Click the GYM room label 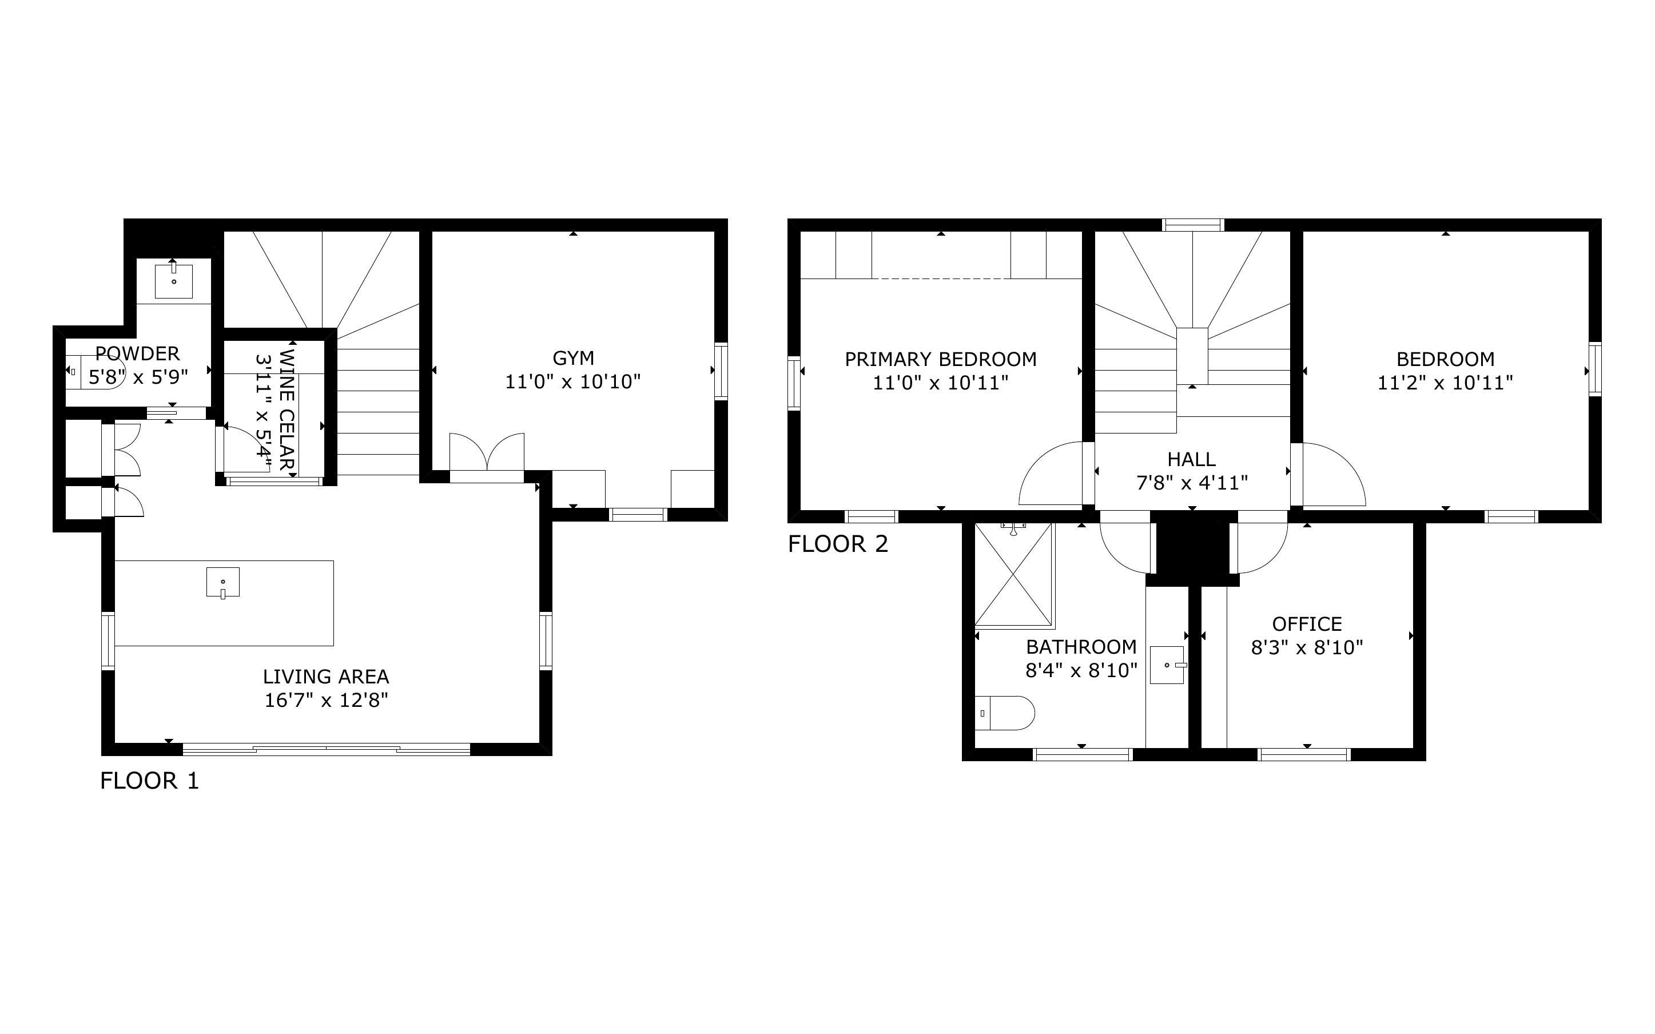573,357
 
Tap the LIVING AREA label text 326,677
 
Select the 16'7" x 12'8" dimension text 326,700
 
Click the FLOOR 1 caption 149,780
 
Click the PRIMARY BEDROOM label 941,359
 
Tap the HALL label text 1192,459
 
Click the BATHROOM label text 1081,646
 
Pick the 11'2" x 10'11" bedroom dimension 1445,382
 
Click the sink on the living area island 223,582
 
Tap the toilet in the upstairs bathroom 1004,713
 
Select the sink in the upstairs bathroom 1167,665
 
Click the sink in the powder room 174,279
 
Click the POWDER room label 137,353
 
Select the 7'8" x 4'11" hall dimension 1192,483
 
